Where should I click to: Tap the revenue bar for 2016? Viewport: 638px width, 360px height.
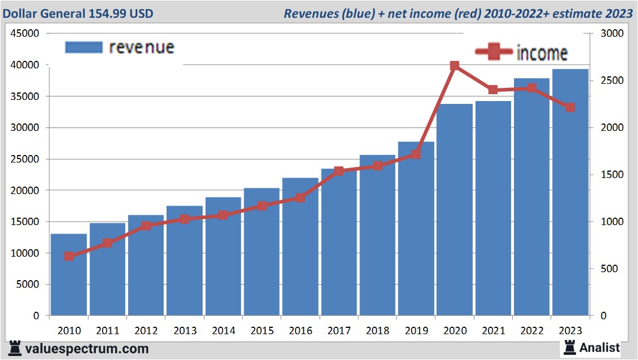(x=300, y=247)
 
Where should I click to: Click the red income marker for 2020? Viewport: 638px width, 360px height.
(x=454, y=66)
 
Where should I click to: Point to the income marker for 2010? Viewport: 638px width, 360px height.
(x=69, y=256)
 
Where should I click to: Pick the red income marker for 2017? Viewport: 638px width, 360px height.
(x=339, y=171)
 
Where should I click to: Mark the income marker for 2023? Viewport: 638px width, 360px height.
(x=570, y=107)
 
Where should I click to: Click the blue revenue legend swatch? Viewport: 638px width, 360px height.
(x=84, y=48)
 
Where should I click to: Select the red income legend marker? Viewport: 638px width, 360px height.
(x=494, y=52)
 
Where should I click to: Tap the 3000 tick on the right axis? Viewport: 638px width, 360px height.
(x=610, y=34)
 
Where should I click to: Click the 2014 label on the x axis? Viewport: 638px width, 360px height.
(x=223, y=331)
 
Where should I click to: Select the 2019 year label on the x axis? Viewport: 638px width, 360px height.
(x=416, y=331)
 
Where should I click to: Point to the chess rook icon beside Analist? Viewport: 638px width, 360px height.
(x=570, y=347)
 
